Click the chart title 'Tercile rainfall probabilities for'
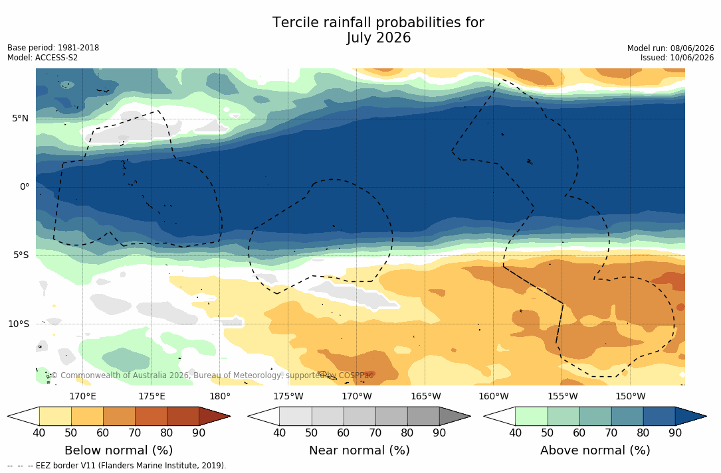(x=378, y=23)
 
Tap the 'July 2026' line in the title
(x=378, y=38)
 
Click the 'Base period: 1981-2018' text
(x=53, y=48)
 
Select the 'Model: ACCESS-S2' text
(x=43, y=58)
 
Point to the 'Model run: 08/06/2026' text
(x=670, y=48)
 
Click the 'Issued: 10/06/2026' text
(x=677, y=58)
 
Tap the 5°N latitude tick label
(x=20, y=119)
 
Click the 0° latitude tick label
(x=25, y=187)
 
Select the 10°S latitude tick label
(x=19, y=324)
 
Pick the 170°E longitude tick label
(x=83, y=396)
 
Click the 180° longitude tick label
(x=220, y=396)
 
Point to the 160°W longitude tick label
(x=493, y=396)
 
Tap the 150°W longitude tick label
(x=631, y=396)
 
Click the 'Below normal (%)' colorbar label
(x=119, y=450)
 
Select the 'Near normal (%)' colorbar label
(x=359, y=450)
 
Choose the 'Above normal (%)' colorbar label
(x=595, y=450)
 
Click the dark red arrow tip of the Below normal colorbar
(x=230, y=417)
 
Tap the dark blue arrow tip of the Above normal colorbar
(x=706, y=417)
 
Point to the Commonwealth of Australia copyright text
(x=212, y=375)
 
